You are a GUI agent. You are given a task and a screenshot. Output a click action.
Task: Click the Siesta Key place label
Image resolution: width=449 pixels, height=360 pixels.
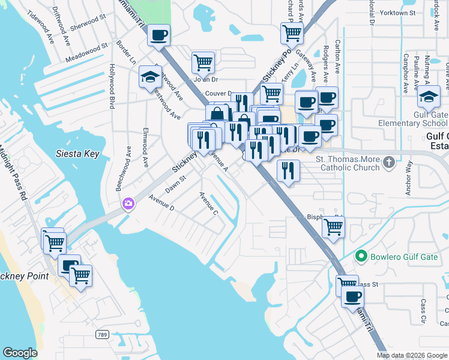point(77,154)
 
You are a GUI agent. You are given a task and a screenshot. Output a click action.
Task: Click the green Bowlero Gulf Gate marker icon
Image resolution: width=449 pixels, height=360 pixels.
point(360,257)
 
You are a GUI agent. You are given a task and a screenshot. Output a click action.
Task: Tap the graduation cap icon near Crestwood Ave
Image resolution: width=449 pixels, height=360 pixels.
point(149,76)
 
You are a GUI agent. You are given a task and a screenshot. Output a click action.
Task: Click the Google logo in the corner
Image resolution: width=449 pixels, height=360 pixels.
point(20,353)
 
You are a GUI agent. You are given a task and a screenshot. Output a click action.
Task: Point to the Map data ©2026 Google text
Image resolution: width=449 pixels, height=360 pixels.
point(412,355)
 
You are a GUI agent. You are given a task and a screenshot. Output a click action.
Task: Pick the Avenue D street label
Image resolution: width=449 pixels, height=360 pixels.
point(161,203)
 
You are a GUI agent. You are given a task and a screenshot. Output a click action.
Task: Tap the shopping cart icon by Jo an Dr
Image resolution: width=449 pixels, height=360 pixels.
point(203,62)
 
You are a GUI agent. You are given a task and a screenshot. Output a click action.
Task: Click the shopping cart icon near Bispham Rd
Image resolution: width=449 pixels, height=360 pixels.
point(333,227)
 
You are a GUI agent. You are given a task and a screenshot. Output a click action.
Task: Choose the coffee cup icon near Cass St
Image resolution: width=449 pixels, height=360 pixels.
point(352,296)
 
